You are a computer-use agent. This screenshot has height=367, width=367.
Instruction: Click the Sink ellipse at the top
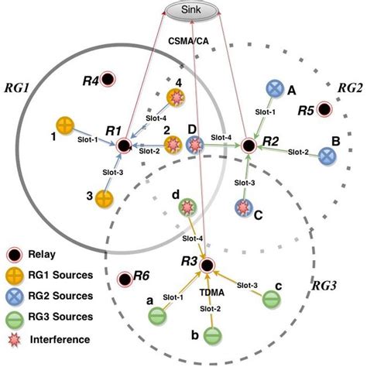click(190, 10)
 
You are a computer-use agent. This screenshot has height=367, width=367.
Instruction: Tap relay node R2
click(249, 146)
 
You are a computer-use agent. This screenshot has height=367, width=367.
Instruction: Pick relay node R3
click(208, 266)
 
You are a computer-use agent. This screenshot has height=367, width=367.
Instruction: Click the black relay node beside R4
click(107, 79)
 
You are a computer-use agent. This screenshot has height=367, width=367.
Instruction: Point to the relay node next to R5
click(324, 109)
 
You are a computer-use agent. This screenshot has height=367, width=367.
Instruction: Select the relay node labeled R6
click(125, 279)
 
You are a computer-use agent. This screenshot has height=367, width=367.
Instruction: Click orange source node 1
click(65, 125)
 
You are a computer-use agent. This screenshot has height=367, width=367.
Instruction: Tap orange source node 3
click(105, 199)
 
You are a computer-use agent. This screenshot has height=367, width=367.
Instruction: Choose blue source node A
click(275, 88)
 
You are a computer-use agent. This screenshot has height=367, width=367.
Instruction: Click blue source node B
click(327, 156)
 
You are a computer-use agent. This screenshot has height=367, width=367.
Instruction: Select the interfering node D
click(195, 145)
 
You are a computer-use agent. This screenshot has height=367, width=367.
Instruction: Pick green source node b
click(213, 335)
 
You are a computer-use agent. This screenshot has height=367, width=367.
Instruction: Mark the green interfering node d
click(188, 208)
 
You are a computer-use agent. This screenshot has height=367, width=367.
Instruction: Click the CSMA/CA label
click(188, 41)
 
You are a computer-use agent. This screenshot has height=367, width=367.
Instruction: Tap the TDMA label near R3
click(211, 293)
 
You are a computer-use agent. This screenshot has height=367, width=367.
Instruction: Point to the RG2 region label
click(350, 88)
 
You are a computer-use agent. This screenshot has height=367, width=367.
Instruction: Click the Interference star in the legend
click(15, 339)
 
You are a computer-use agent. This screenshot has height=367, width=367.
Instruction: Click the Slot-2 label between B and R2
click(298, 152)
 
